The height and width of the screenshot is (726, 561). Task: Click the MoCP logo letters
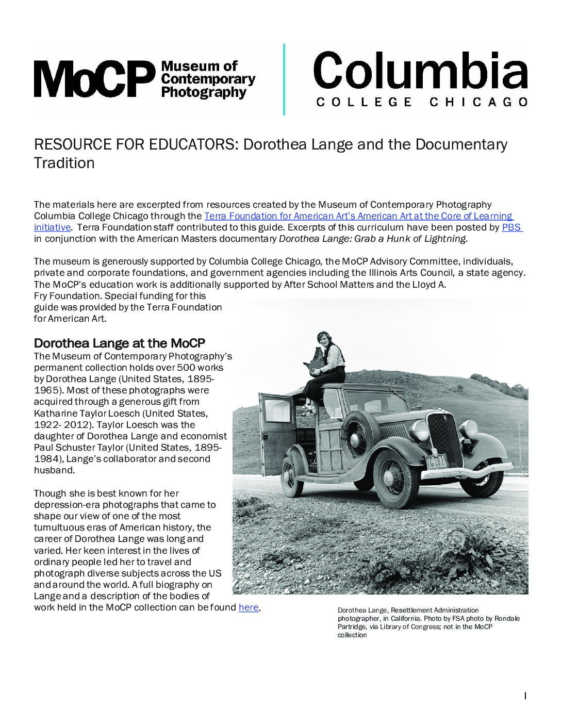point(93,78)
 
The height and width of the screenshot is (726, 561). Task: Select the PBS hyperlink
point(511,227)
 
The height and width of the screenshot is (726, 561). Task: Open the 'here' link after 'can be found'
point(248,607)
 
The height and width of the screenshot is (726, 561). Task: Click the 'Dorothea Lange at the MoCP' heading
point(120,343)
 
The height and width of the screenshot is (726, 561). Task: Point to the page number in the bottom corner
point(525,696)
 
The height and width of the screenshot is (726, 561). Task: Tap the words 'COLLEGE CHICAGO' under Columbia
point(421,102)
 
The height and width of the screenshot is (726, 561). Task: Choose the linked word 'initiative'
point(52,227)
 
